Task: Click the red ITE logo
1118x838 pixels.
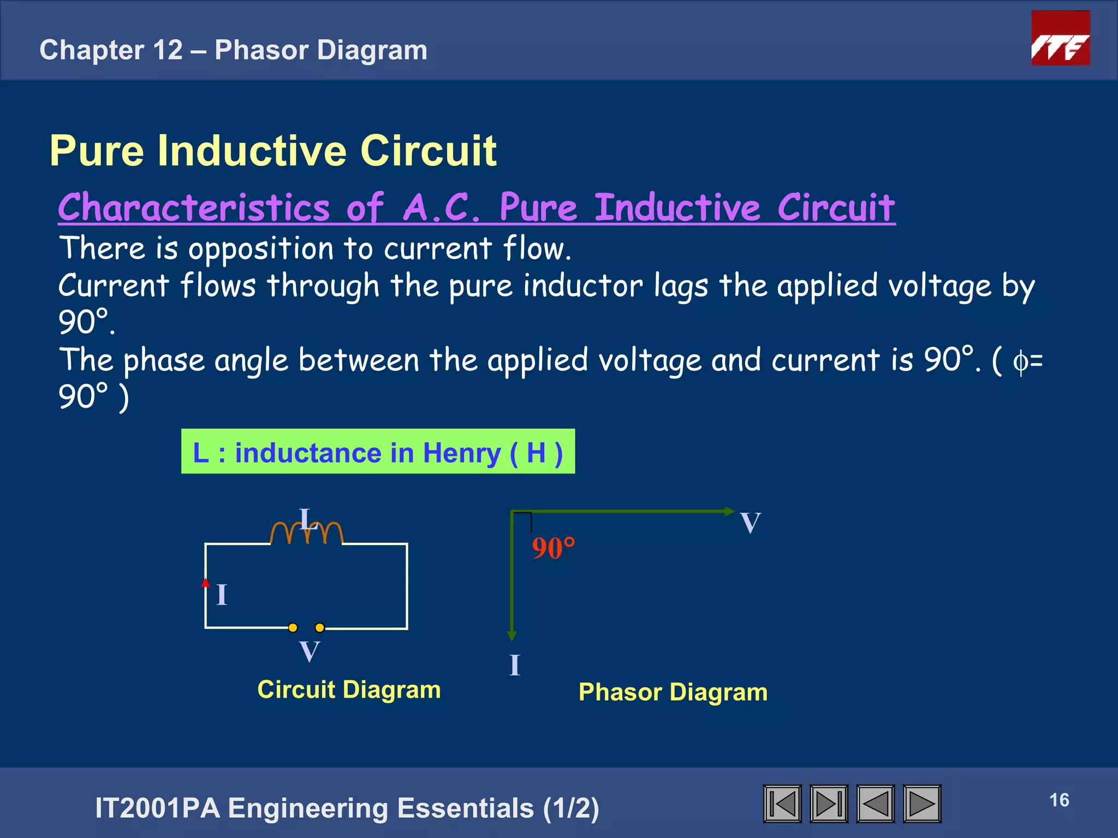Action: tap(1060, 38)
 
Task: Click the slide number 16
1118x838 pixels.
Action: tap(1059, 800)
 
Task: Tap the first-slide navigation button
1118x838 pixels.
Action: tap(782, 804)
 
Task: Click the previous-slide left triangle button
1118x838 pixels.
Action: tap(876, 804)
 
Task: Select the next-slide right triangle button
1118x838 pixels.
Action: tap(922, 804)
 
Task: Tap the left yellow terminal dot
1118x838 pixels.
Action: tap(293, 627)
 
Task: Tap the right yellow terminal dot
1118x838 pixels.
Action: tap(320, 627)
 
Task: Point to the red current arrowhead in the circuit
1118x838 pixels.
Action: tap(205, 583)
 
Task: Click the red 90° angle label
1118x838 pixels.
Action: tap(553, 548)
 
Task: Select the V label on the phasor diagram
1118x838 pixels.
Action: tap(751, 523)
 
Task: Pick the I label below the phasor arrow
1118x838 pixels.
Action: tap(515, 665)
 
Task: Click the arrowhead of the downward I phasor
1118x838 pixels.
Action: tap(512, 636)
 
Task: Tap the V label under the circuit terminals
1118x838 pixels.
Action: tap(310, 651)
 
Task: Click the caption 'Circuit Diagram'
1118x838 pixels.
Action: tap(349, 690)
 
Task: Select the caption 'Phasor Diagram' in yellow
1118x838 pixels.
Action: tap(673, 692)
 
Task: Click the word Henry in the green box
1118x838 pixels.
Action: tap(462, 453)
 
